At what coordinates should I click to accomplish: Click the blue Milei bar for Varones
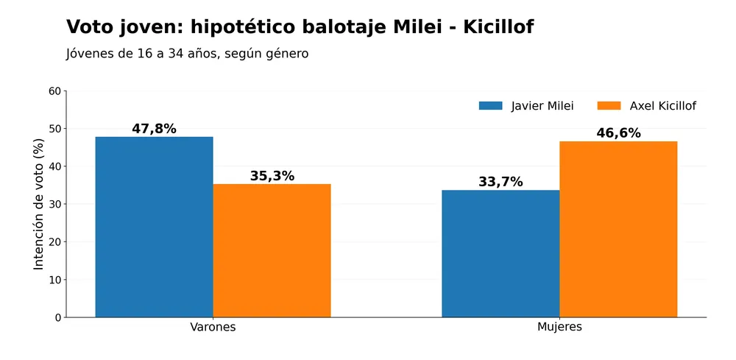(x=154, y=227)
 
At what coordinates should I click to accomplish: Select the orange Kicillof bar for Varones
(x=272, y=250)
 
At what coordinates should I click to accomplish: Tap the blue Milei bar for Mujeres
(x=500, y=253)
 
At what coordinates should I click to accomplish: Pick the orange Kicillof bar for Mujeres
(x=618, y=229)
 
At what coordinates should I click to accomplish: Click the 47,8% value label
(x=154, y=129)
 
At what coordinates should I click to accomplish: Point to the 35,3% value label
(x=272, y=176)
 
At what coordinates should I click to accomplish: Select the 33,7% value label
(x=500, y=182)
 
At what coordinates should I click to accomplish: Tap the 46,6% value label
(x=619, y=133)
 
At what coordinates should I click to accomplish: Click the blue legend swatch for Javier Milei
(x=490, y=105)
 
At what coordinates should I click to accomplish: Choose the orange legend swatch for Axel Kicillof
(x=609, y=105)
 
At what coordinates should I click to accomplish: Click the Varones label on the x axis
(x=213, y=327)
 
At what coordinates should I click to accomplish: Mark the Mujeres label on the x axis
(x=559, y=327)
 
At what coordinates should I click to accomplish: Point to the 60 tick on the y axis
(x=55, y=91)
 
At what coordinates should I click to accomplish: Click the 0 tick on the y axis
(x=58, y=318)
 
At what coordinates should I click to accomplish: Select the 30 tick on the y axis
(x=55, y=204)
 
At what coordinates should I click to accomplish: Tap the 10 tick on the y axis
(x=55, y=280)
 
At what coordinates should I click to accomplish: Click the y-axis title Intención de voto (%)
(x=39, y=204)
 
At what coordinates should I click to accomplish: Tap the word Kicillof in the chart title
(x=498, y=27)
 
